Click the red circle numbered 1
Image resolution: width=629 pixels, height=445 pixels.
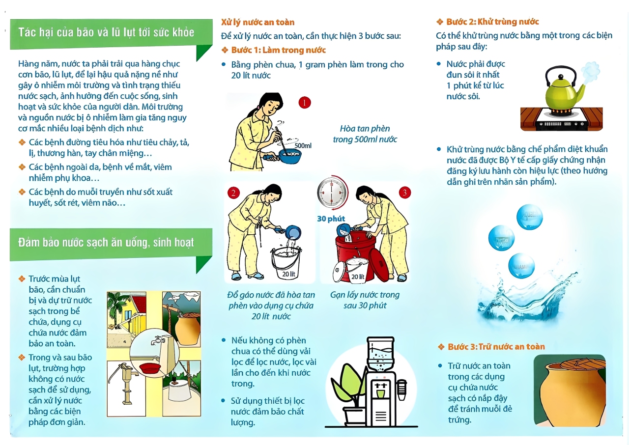(304, 103)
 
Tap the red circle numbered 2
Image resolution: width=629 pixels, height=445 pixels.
(233, 193)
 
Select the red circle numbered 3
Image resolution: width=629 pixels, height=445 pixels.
(404, 193)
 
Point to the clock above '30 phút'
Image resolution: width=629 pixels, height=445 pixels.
(332, 193)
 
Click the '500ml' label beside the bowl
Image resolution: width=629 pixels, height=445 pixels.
(303, 145)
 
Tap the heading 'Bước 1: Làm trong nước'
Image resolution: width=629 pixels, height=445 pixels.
(278, 50)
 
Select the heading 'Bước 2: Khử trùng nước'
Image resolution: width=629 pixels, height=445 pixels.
(492, 22)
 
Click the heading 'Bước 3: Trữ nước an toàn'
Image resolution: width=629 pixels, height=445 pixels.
(496, 346)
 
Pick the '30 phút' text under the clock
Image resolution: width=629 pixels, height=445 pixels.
(331, 219)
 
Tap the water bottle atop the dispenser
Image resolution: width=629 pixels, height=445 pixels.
(381, 354)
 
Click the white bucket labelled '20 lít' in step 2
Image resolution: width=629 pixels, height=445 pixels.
(286, 263)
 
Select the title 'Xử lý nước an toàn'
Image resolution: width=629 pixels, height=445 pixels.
(257, 22)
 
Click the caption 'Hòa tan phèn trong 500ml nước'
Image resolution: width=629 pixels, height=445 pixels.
(365, 134)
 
